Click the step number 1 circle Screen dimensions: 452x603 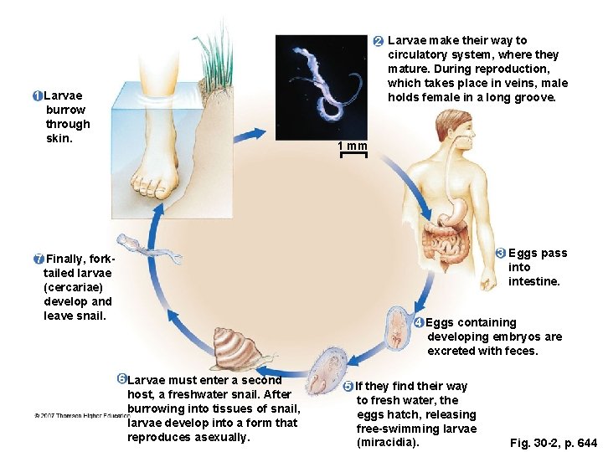point(39,95)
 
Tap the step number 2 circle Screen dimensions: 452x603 point(378,41)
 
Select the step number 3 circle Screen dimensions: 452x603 point(500,253)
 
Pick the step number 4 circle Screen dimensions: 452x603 point(419,322)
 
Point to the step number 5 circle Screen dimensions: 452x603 point(348,386)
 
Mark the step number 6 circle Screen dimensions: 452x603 point(122,380)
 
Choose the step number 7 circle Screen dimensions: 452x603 point(39,257)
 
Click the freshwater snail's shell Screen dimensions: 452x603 point(231,347)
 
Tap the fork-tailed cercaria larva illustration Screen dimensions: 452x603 point(146,248)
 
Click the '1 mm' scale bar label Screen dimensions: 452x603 point(353,147)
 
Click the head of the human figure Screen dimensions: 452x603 point(449,126)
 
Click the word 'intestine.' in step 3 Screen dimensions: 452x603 point(533,281)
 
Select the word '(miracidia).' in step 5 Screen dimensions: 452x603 point(387,442)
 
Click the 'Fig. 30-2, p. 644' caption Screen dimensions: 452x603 point(554,443)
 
